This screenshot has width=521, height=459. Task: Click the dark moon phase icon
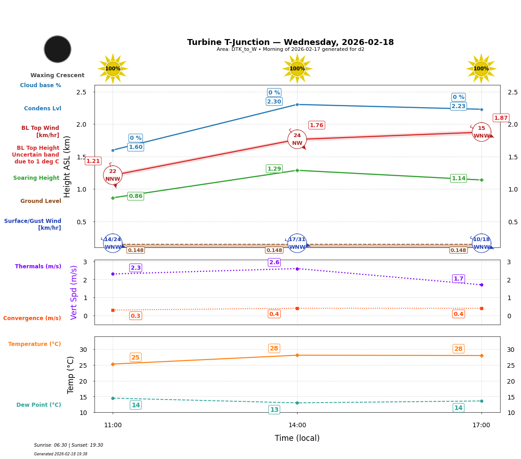58,49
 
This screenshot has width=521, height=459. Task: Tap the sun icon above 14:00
297,69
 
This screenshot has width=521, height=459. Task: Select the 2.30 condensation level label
274,102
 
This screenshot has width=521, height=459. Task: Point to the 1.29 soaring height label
274,169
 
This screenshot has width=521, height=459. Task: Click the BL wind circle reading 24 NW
297,139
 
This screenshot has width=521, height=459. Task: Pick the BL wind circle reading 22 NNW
113,175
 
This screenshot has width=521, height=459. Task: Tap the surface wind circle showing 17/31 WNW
297,243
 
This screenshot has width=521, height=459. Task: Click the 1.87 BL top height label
501,118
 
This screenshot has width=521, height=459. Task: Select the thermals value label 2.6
274,262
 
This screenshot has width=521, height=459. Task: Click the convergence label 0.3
135,316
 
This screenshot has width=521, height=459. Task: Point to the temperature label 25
135,357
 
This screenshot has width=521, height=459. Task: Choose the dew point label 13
274,410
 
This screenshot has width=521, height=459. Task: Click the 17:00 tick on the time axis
481,425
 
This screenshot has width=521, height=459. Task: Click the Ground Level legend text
40,201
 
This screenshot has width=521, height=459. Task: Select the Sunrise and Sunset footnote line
69,445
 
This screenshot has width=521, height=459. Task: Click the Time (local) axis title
297,438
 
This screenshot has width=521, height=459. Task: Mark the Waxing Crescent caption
57,75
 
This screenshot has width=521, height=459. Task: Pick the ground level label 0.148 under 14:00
274,250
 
